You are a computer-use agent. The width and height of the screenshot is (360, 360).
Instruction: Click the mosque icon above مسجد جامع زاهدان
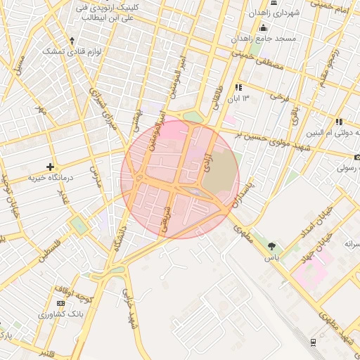click(264, 28)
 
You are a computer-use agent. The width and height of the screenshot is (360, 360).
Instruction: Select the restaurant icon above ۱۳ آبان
click(238, 88)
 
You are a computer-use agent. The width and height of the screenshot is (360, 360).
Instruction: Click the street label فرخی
click(281, 96)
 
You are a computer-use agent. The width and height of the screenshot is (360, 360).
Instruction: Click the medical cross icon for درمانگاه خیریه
click(50, 167)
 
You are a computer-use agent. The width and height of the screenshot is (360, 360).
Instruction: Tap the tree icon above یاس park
click(271, 246)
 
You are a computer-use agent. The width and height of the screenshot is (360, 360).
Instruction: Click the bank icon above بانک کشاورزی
click(60, 302)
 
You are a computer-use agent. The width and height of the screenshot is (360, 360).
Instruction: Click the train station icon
click(313, 342)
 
